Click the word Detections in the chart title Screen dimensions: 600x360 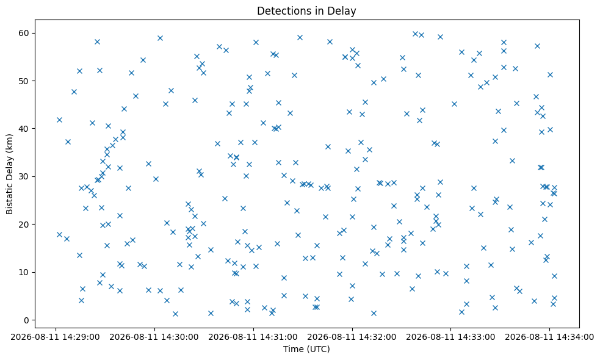coord(281,11)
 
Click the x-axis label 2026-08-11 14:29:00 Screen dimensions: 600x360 coord(56,337)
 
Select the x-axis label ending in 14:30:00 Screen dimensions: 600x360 coord(154,337)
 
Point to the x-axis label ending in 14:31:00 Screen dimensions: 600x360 coord(253,337)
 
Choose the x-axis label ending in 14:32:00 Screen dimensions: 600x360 coord(352,337)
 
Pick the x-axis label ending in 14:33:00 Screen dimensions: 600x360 coord(451,337)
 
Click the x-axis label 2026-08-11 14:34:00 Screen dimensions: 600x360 coord(549,337)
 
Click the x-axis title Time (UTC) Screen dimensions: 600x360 coord(306,349)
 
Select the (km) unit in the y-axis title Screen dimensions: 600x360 coord(10,142)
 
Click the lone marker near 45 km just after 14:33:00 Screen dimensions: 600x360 coord(454,104)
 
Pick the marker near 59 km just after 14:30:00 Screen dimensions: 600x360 coord(160,38)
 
